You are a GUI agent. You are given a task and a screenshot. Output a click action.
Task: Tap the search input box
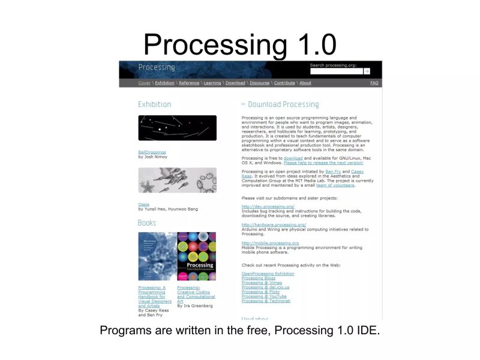[x=336, y=71]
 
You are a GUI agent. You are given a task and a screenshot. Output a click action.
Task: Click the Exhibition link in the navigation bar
[x=164, y=83]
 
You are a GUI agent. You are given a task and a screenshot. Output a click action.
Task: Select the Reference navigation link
[x=189, y=83]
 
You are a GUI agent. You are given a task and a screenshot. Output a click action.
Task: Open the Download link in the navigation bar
[x=235, y=83]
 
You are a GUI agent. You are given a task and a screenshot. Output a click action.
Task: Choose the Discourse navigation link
[x=259, y=83]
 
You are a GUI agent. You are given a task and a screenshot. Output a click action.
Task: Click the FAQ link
[x=374, y=83]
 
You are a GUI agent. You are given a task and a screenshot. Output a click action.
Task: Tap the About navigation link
[x=305, y=83]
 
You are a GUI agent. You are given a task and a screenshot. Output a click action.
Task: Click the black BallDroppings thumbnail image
[x=177, y=128]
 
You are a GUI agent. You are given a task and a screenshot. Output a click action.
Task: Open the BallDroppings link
[x=152, y=152]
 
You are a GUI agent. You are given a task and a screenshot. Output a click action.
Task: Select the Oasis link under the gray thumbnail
[x=143, y=205]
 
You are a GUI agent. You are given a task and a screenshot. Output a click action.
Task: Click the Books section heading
[x=147, y=223]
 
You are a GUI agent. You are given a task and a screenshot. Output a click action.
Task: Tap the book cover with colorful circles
[x=196, y=256]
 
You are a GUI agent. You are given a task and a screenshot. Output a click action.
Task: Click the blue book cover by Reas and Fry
[x=157, y=256]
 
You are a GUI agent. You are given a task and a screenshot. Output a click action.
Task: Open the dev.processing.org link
[x=268, y=206]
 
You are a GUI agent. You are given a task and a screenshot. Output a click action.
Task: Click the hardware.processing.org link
[x=274, y=224]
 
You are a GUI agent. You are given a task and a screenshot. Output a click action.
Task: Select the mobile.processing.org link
[x=270, y=243]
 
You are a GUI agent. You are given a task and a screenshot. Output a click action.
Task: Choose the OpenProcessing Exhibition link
[x=268, y=274]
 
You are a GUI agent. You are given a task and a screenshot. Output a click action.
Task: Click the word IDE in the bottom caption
[x=367, y=331]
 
